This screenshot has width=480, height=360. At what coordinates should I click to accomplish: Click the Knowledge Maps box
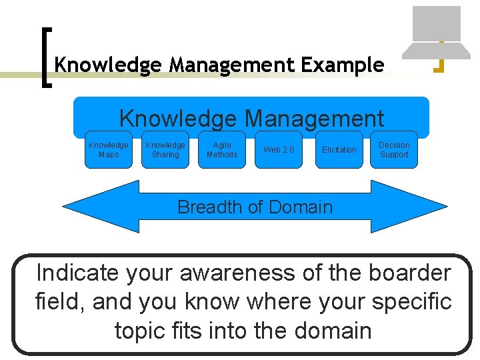(x=109, y=149)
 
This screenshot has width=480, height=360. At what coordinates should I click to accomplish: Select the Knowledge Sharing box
(x=165, y=149)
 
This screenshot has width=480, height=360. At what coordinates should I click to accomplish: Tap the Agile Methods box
(x=222, y=149)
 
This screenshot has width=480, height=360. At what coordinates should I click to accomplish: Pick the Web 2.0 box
(x=278, y=149)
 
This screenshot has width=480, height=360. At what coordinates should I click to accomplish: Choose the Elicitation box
(x=339, y=149)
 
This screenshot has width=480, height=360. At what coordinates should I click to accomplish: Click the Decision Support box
(x=394, y=149)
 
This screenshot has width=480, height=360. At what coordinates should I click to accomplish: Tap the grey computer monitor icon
(x=436, y=24)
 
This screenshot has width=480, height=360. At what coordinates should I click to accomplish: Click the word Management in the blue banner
(x=314, y=119)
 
